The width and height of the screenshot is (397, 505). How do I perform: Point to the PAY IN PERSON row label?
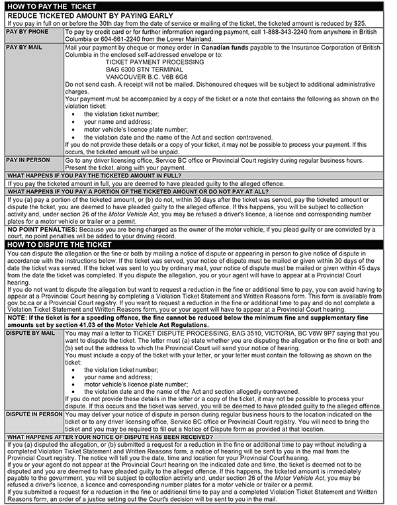point(28,160)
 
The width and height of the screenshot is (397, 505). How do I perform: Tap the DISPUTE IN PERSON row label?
point(34,414)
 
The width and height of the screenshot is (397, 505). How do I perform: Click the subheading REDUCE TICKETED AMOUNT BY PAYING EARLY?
point(90,15)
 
